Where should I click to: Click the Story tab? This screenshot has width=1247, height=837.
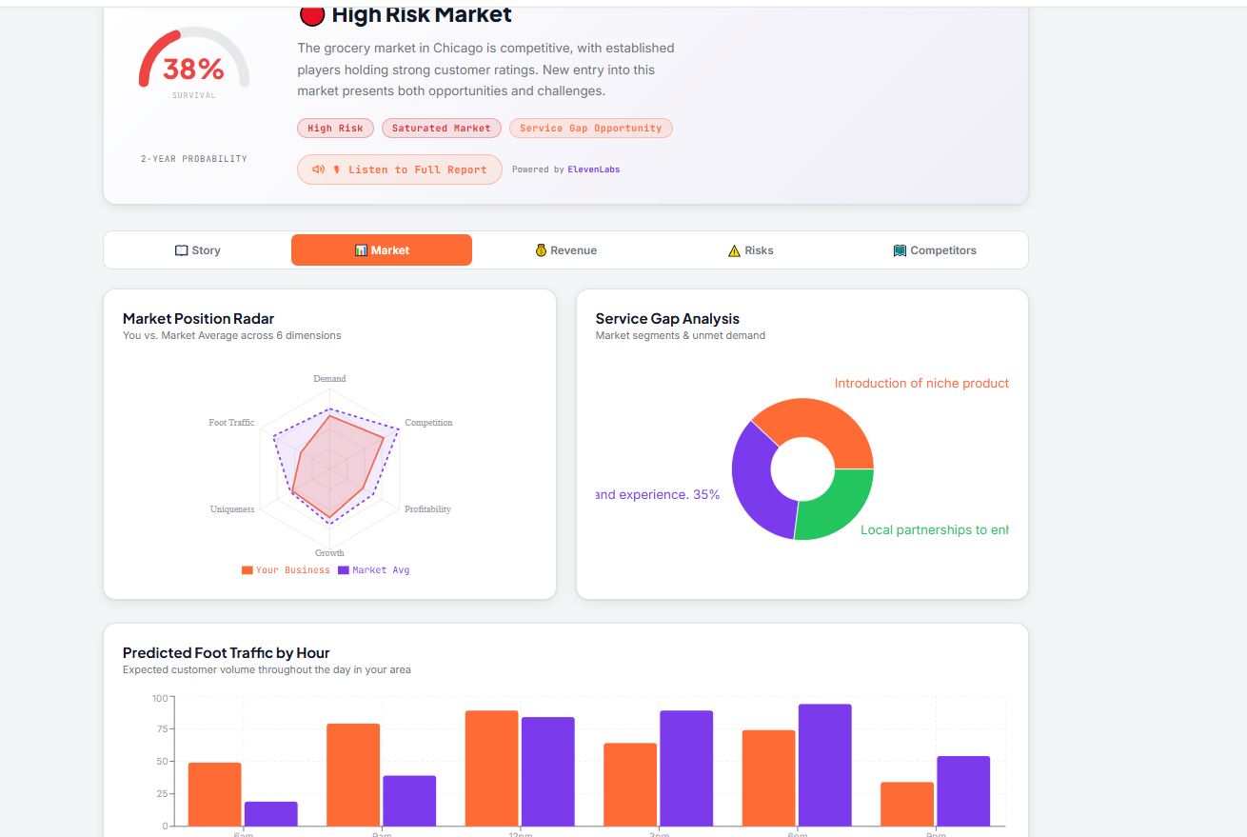pos(198,250)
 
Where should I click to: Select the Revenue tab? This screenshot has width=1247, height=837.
pos(566,250)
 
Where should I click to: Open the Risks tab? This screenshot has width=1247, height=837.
pos(750,250)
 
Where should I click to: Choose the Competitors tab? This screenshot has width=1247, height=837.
pos(935,250)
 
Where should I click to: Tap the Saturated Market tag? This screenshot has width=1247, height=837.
pos(441,128)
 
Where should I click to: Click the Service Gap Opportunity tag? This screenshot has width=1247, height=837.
pos(590,128)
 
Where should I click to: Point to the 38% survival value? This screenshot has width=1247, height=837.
pos(193,69)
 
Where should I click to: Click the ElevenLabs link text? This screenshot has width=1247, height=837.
pos(594,169)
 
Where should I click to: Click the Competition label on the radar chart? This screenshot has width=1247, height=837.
pos(428,423)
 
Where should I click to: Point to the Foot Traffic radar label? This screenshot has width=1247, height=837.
pos(231,423)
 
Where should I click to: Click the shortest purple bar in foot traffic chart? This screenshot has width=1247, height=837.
pos(271,813)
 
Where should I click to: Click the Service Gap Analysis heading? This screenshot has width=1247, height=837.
pos(667,319)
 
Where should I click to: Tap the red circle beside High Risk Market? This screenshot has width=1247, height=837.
pos(311,14)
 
